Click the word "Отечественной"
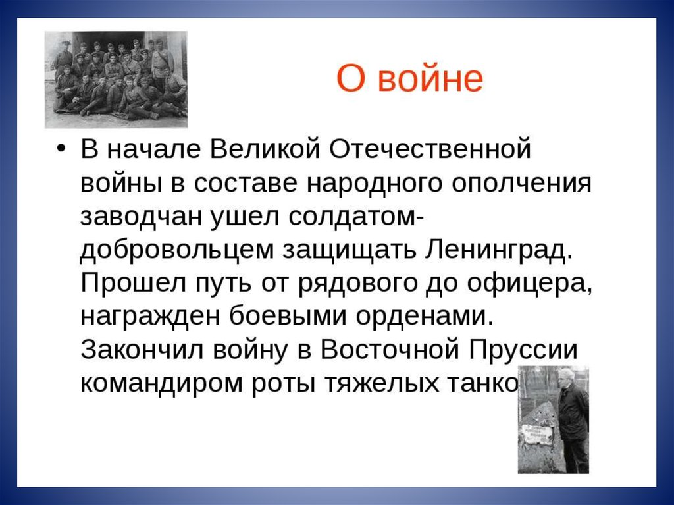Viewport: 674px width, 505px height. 430,149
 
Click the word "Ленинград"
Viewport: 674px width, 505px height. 499,250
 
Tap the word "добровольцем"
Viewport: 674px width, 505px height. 176,250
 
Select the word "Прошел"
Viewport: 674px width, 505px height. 133,283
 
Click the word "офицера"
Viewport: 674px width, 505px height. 530,284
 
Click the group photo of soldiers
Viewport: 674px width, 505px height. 116,80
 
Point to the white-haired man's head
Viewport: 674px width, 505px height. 567,379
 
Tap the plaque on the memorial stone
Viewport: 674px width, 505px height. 536,435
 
